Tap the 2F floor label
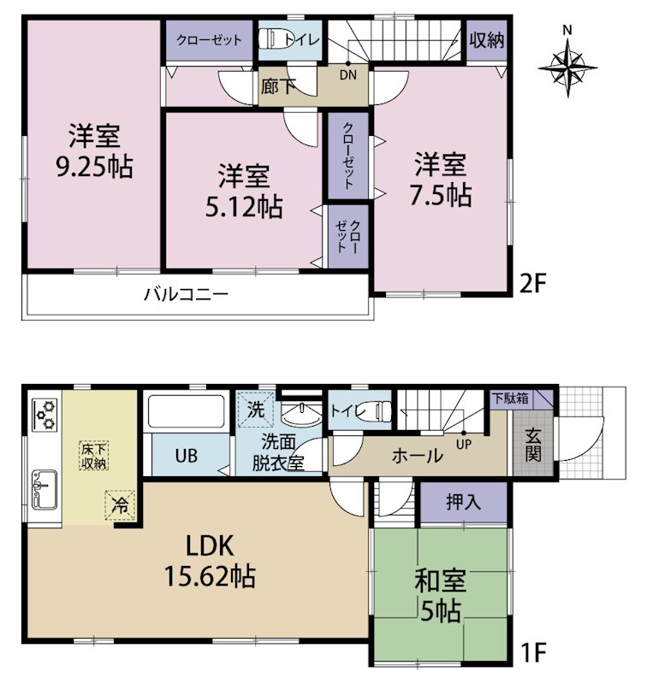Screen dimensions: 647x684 [532, 283]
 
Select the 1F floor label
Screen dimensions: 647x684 [533, 652]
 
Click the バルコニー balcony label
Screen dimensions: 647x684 [187, 294]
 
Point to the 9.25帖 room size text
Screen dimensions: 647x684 [94, 166]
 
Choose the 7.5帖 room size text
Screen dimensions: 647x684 [440, 195]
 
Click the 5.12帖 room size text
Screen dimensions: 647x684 [244, 207]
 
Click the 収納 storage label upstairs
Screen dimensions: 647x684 [487, 40]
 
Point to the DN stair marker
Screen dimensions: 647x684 [348, 75]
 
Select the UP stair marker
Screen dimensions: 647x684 [463, 445]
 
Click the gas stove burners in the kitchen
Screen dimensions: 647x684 [45, 415]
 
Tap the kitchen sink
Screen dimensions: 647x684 [45, 489]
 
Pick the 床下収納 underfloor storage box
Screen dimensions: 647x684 [93, 457]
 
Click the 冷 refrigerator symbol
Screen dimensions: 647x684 [119, 505]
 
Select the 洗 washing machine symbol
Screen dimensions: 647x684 [255, 410]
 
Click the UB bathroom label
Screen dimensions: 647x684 [187, 456]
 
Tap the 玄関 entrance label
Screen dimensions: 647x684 [533, 445]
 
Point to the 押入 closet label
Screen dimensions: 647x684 [463, 502]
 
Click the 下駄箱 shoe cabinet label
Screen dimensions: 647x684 [510, 398]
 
